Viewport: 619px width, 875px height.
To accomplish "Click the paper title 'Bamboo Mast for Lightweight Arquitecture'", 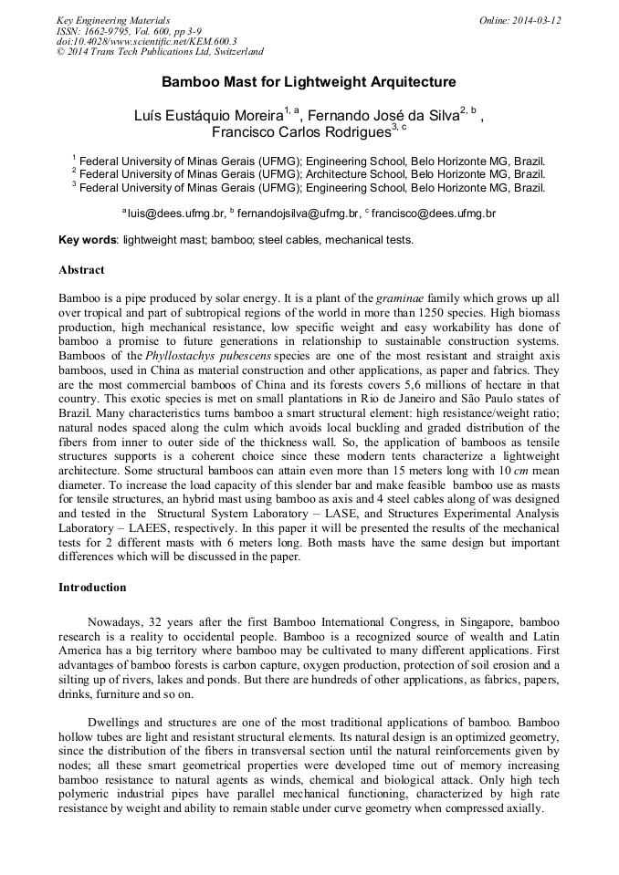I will pos(309,82).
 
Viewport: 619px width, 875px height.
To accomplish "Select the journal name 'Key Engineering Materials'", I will pos(113,20).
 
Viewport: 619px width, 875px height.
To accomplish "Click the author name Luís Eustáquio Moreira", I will pos(207,115).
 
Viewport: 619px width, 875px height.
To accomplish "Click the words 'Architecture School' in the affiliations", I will pos(353,172).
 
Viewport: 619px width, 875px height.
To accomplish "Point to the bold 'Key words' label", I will pos(88,240).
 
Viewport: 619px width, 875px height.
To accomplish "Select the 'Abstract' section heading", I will pos(81,270).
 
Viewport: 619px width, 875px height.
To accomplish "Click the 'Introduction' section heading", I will pos(92,587).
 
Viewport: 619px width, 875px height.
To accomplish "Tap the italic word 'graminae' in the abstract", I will pos(404,297).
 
